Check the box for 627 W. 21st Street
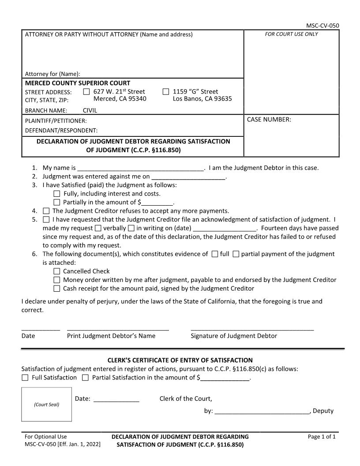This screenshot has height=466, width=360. [x=86, y=92]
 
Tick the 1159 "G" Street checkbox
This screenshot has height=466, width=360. [x=166, y=92]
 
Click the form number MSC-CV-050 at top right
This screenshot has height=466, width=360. [x=322, y=26]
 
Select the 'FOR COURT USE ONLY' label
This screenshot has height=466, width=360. [x=291, y=34]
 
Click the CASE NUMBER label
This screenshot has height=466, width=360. [x=269, y=119]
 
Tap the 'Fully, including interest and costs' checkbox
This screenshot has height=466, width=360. [x=56, y=194]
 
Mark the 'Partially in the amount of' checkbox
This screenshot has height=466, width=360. [x=56, y=203]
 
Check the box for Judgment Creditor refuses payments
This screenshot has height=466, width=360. [x=46, y=211]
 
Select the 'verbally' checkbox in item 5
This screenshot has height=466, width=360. [x=98, y=228]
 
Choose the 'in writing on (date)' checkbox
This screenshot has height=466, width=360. [x=131, y=228]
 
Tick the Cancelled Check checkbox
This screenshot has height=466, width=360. [x=56, y=271]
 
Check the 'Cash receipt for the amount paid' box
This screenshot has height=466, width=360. [x=56, y=289]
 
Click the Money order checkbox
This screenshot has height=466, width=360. [x=56, y=280]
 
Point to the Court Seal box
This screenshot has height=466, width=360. [x=47, y=404]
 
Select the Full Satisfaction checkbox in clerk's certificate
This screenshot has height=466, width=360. [x=25, y=378]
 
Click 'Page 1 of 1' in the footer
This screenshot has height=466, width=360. [x=322, y=437]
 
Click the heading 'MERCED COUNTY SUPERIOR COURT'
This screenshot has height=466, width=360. [x=78, y=83]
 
